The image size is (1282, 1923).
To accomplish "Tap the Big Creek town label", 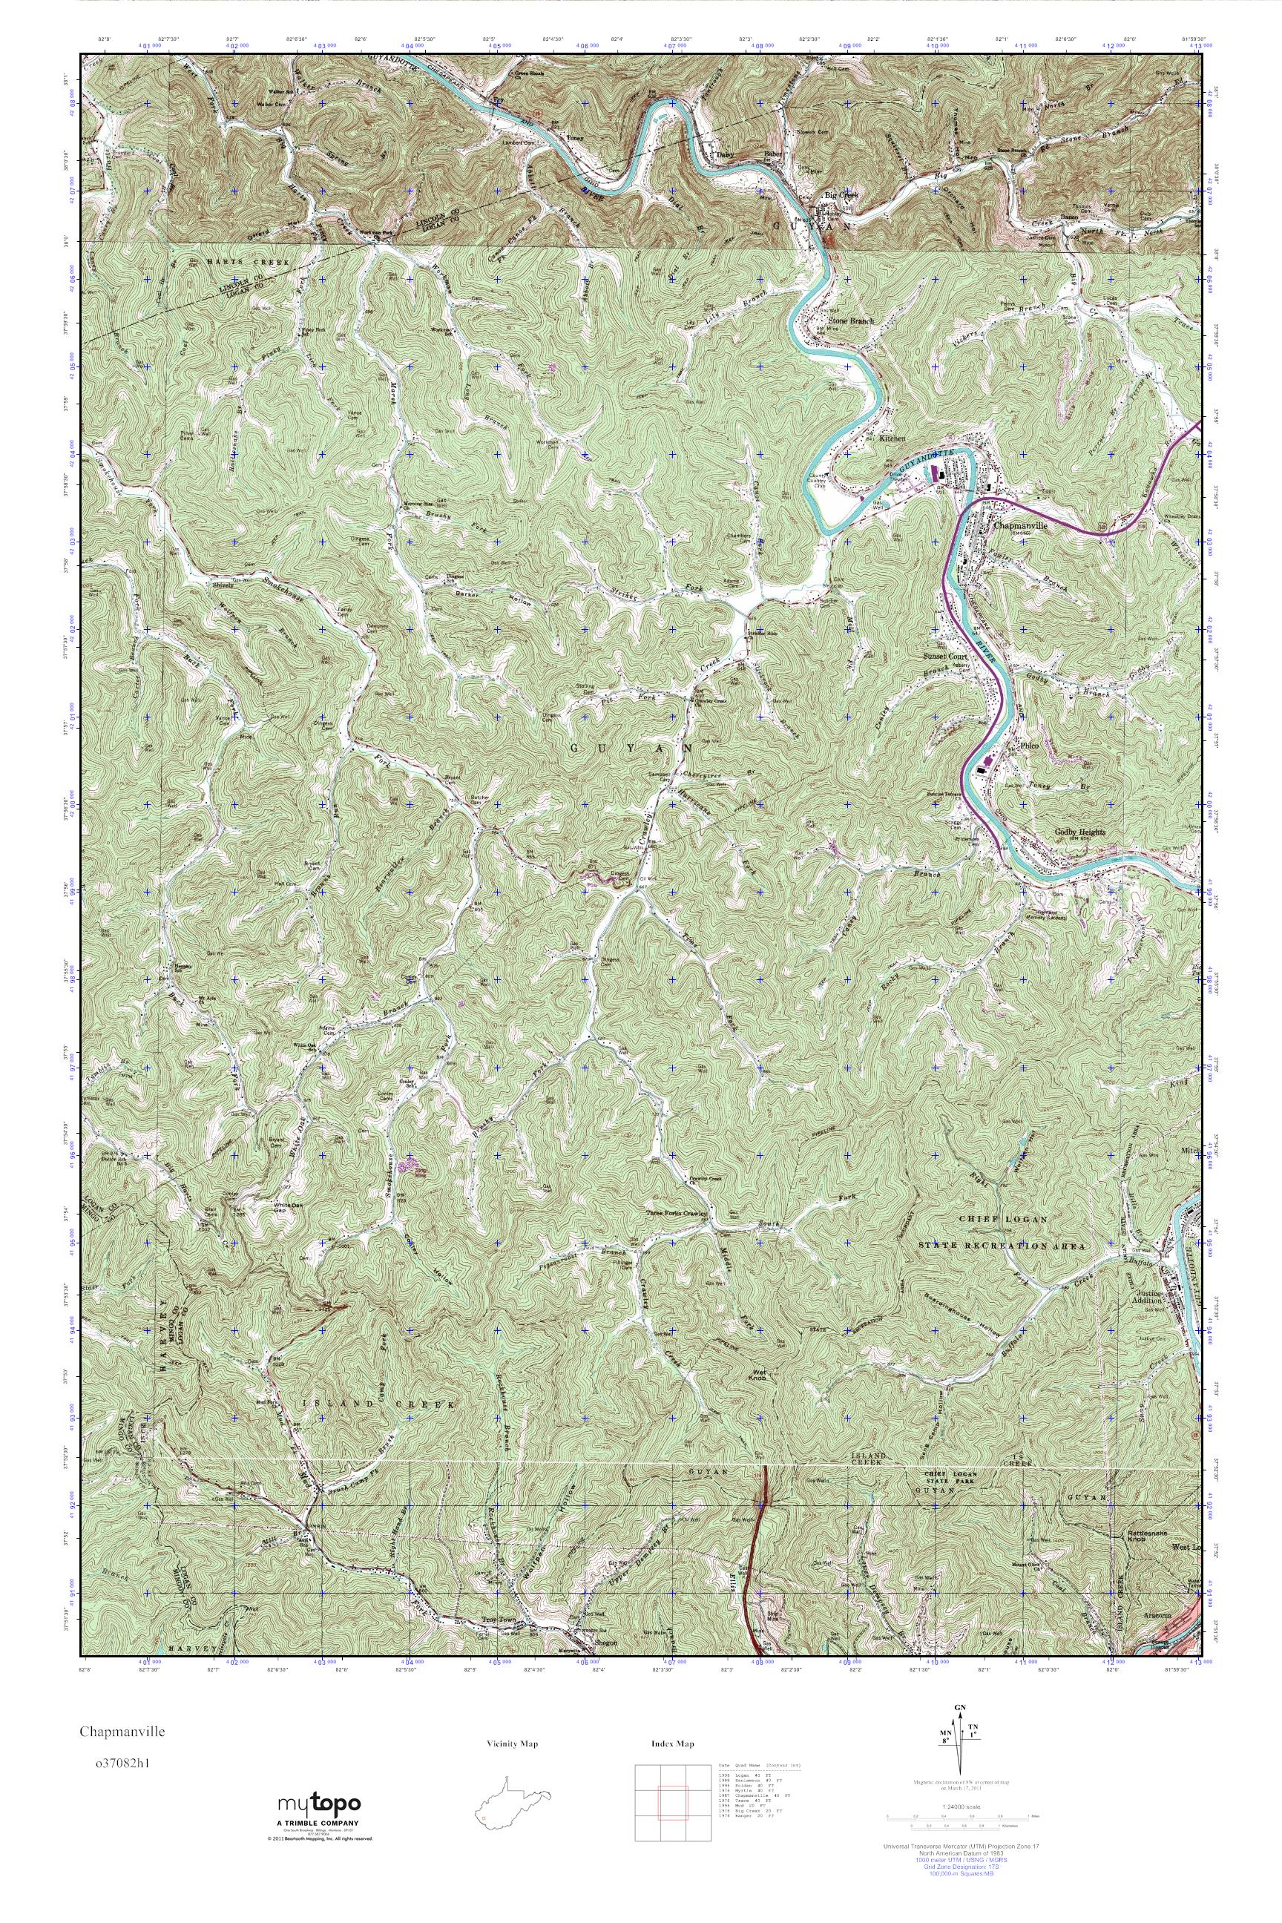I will [x=841, y=196].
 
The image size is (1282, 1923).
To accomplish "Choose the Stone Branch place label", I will [x=851, y=321].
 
